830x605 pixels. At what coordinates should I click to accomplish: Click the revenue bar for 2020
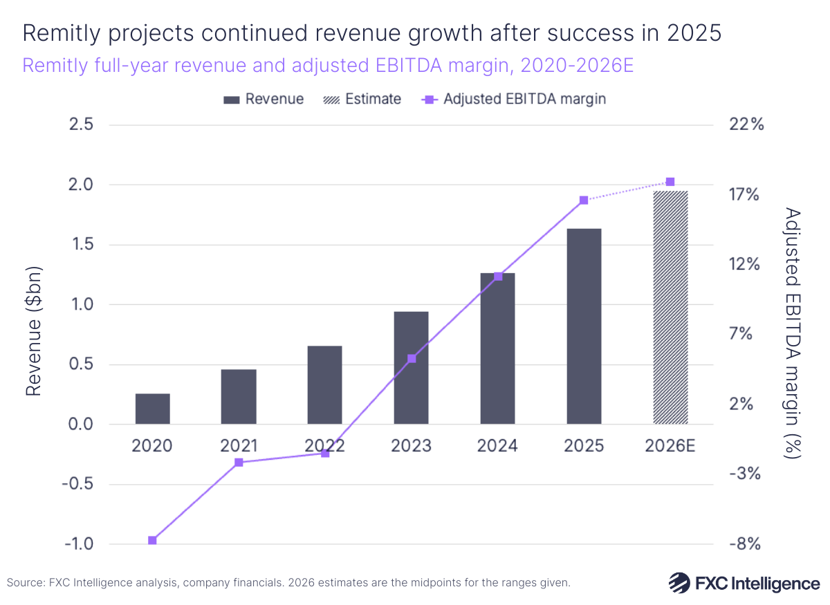click(152, 409)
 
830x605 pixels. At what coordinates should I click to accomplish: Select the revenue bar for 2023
click(411, 368)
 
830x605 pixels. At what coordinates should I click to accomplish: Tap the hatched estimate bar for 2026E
click(670, 308)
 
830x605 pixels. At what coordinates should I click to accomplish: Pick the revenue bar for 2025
click(584, 326)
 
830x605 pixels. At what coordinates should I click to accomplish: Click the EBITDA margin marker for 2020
click(152, 540)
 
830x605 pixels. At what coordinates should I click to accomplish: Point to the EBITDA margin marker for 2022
click(325, 454)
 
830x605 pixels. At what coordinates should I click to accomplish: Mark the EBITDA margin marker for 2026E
click(670, 182)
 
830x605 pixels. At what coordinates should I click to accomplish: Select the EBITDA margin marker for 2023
click(412, 359)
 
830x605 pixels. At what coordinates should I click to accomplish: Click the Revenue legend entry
click(264, 99)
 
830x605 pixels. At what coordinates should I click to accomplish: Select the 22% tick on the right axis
click(746, 125)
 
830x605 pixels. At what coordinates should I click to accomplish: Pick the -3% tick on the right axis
click(746, 474)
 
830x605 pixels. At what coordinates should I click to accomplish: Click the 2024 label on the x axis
click(497, 446)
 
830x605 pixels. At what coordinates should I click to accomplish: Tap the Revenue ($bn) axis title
click(33, 332)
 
